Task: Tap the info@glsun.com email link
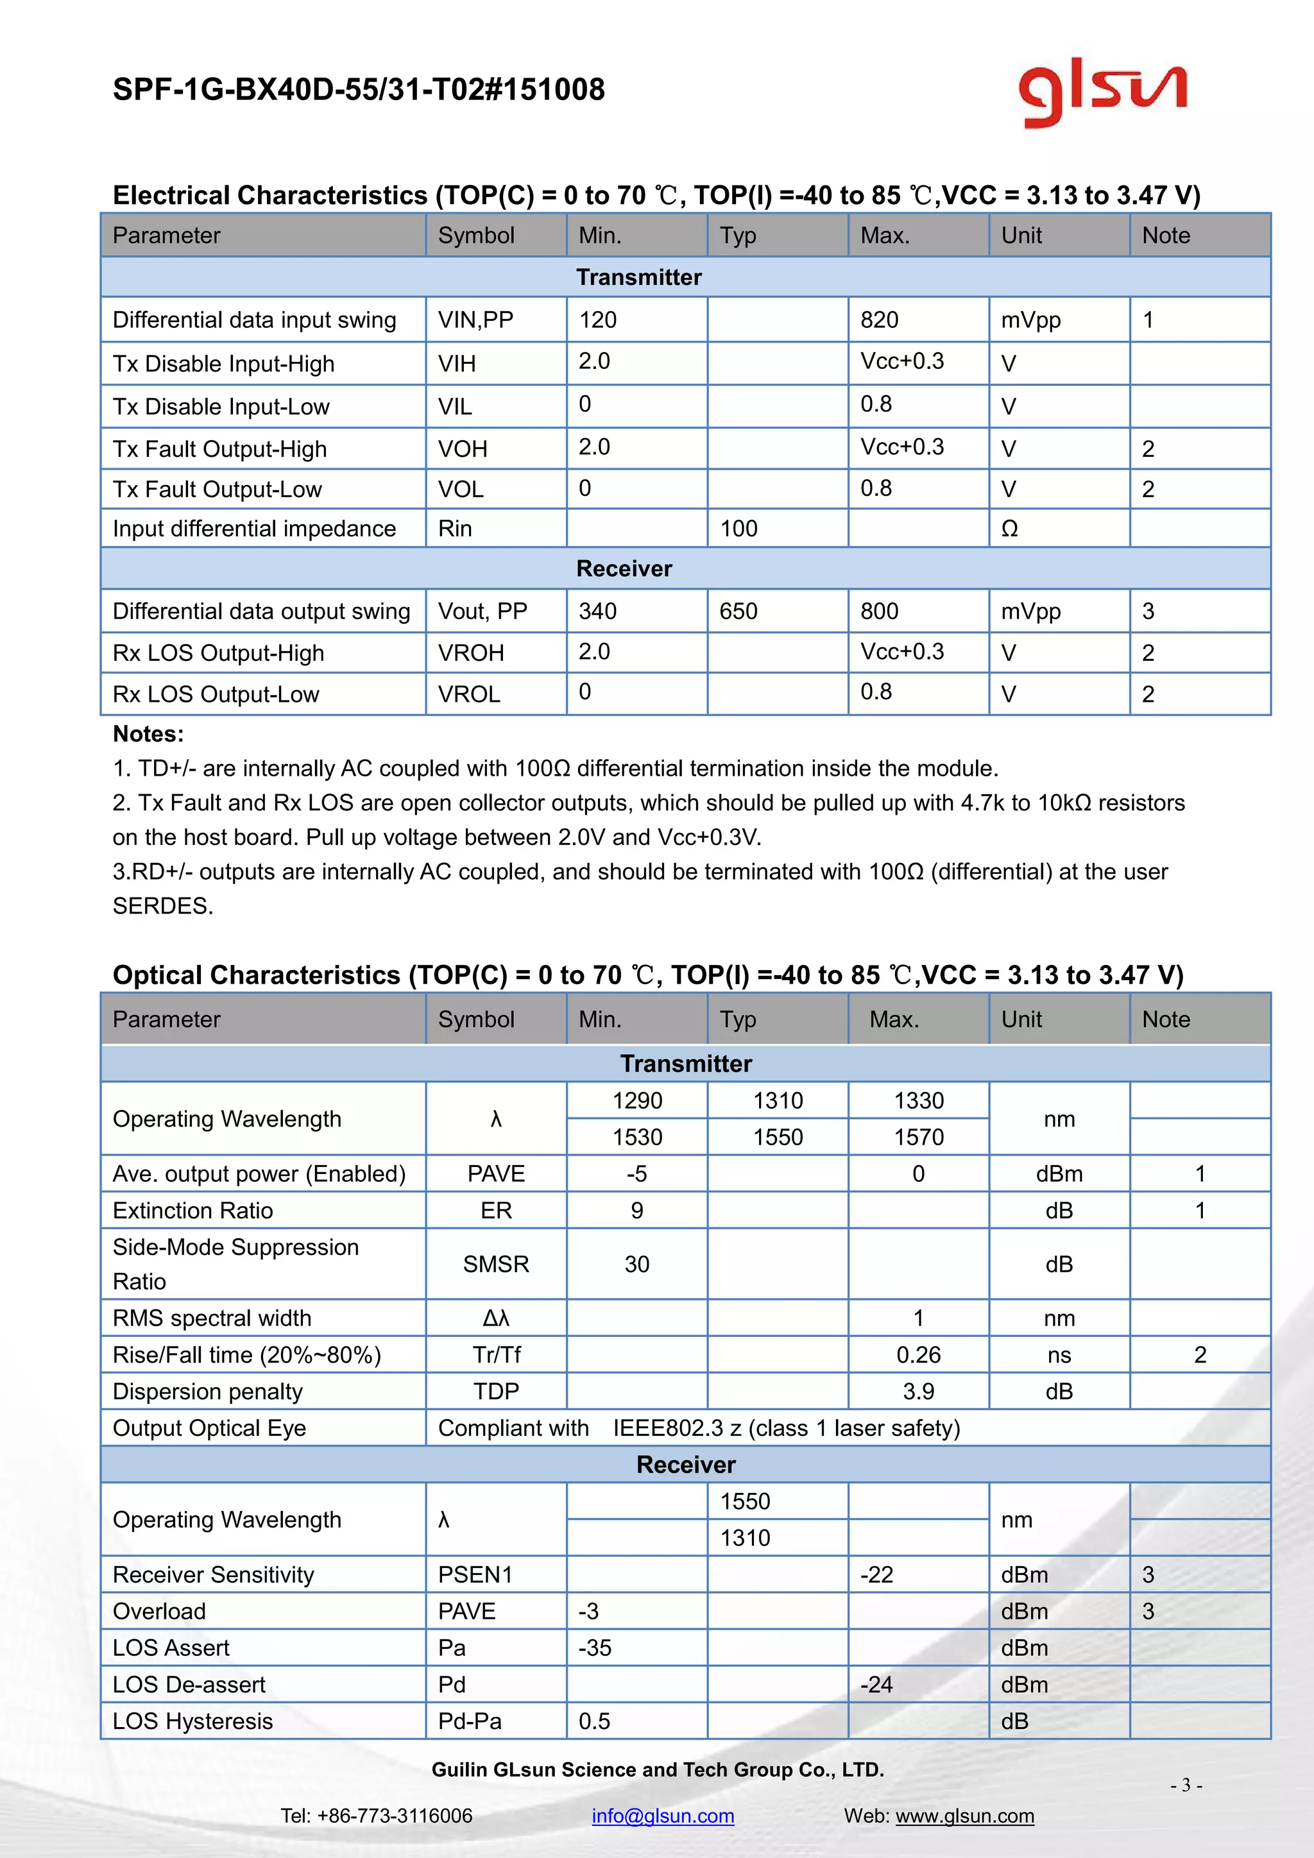click(663, 1815)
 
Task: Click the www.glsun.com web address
click(964, 1815)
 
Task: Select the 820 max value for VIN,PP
click(880, 320)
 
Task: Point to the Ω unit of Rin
click(1009, 529)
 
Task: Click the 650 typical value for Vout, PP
click(738, 611)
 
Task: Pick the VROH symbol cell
click(471, 652)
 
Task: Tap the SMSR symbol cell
click(496, 1264)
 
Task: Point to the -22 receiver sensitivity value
click(877, 1575)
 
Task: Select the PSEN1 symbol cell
click(475, 1575)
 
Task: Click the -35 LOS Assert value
click(595, 1648)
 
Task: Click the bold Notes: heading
click(148, 734)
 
